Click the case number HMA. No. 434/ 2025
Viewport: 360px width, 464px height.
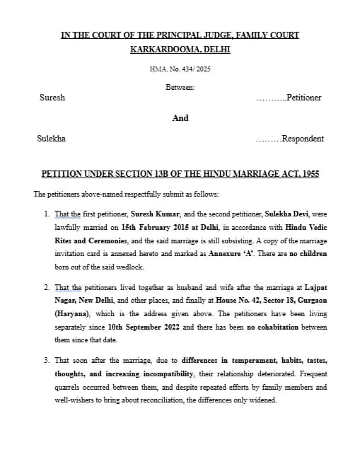180,69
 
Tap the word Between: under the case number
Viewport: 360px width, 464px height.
180,87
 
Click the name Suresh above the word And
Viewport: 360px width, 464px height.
52,98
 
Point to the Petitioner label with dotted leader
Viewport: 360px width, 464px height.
289,98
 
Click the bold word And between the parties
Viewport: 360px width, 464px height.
180,118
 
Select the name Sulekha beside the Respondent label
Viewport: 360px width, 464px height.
51,139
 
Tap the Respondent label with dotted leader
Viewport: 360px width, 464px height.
290,139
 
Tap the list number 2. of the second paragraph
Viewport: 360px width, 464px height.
47,288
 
